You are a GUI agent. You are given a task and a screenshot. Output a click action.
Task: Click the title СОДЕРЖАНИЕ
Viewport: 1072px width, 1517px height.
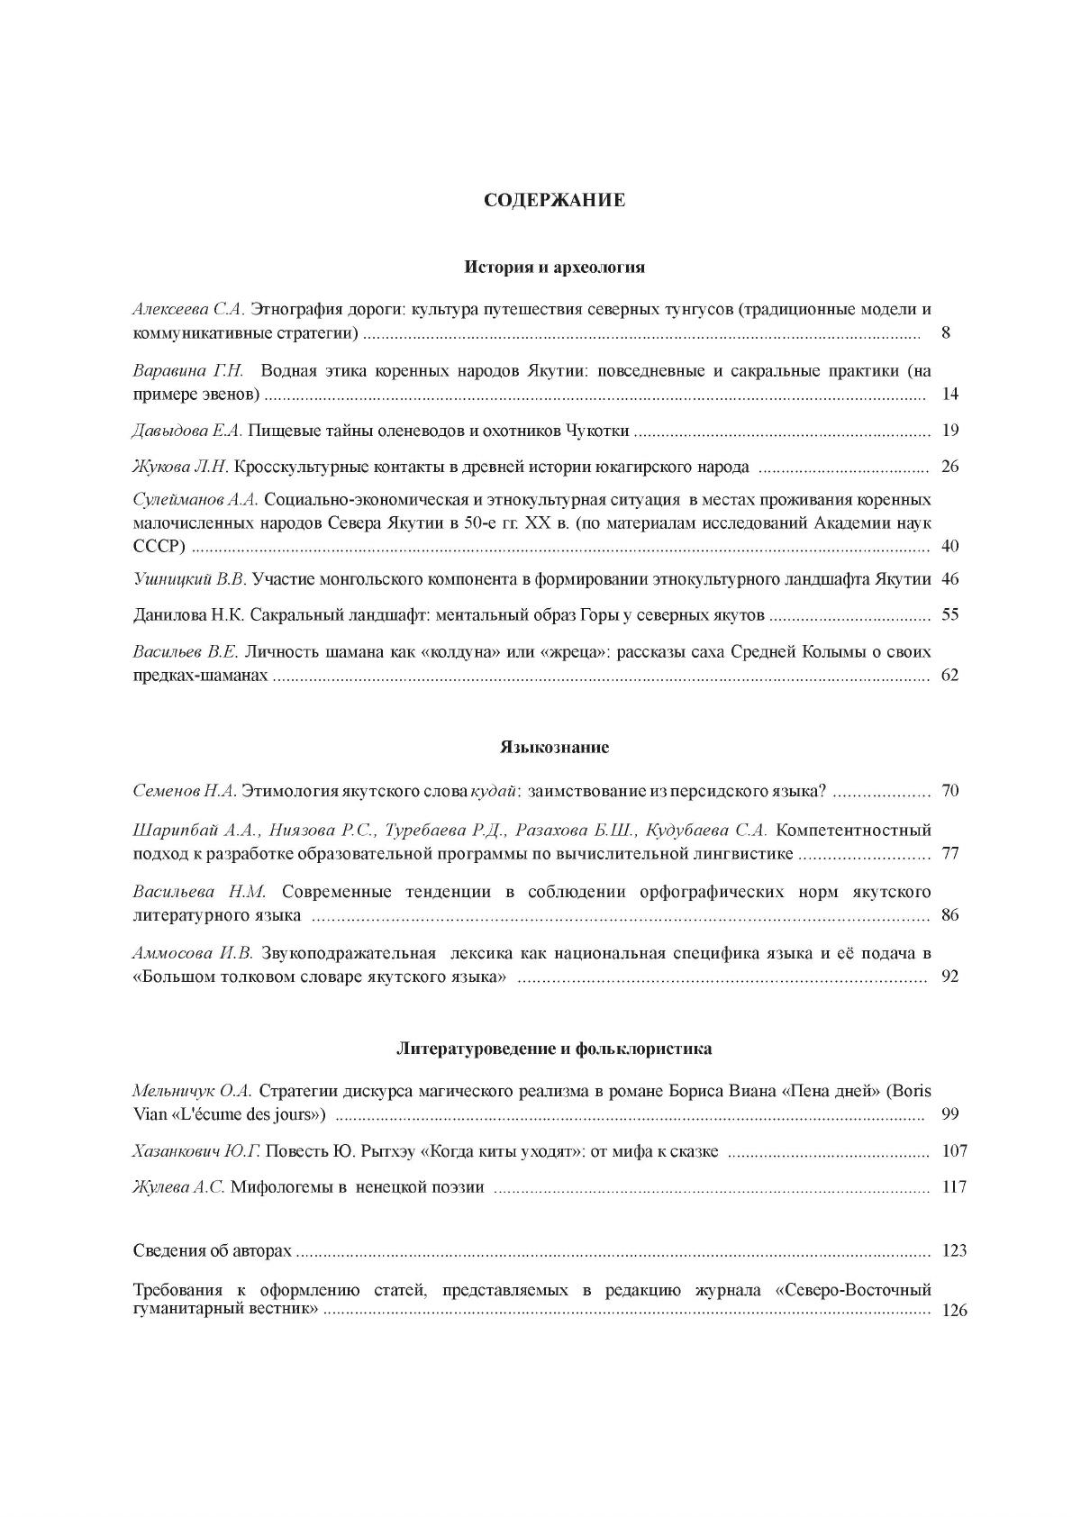[x=554, y=200]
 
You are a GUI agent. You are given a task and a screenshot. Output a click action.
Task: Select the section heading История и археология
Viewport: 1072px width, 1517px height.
[x=554, y=268]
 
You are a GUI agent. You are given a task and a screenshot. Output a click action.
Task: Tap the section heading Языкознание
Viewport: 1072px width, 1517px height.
[x=554, y=748]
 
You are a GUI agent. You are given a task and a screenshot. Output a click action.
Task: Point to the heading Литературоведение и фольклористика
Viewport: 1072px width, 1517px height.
[x=554, y=1049]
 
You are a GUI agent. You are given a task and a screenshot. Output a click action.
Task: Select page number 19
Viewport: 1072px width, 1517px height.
[x=949, y=431]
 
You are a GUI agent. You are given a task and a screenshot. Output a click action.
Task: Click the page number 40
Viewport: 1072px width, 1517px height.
[x=949, y=547]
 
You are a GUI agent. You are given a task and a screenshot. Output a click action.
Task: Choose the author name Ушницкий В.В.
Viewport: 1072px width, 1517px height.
[x=189, y=579]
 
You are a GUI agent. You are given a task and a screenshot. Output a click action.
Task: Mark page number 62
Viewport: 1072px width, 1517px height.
[x=949, y=676]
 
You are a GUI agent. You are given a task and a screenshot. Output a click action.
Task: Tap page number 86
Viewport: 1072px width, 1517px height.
[x=949, y=915]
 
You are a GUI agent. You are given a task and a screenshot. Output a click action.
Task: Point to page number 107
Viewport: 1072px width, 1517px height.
[x=953, y=1151]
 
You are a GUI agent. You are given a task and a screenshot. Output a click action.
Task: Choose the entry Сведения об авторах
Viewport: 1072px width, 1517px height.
[x=213, y=1251]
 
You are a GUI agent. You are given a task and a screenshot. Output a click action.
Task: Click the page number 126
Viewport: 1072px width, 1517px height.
[x=953, y=1311]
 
